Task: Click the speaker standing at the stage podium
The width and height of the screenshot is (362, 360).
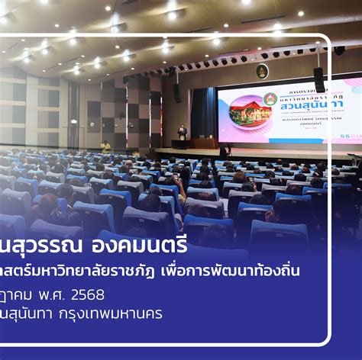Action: [x=182, y=133]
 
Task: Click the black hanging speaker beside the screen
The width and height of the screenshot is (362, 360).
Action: [x=318, y=79]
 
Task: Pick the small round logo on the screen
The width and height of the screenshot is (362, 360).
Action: [x=270, y=98]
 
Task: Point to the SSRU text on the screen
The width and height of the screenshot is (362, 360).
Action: [x=353, y=137]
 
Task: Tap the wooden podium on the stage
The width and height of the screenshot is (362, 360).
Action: [x=202, y=143]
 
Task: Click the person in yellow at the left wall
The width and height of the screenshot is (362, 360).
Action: [x=105, y=146]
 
